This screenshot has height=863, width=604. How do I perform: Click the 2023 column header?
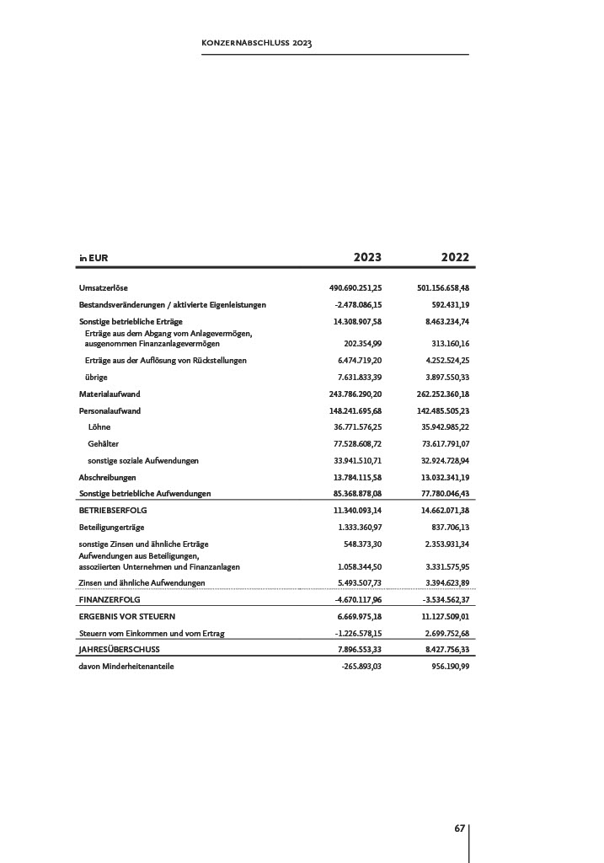pos(366,257)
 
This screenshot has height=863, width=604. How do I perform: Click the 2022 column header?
pos(455,257)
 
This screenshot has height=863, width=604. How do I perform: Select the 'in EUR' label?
pos(94,258)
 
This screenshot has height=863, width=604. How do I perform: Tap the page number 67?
pos(460,828)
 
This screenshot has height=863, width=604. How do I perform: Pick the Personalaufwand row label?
pos(110,410)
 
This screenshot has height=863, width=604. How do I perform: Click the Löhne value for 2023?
pos(358,427)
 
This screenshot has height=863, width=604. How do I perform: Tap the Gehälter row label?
pos(103,443)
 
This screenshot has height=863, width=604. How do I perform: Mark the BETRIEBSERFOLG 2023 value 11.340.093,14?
pos(358,511)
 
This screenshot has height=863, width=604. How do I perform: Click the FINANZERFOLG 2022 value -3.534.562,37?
pos(446,599)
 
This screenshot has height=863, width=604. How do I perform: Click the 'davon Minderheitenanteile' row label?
pos(126,667)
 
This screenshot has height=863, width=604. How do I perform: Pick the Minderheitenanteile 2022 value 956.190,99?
pos(449,667)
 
